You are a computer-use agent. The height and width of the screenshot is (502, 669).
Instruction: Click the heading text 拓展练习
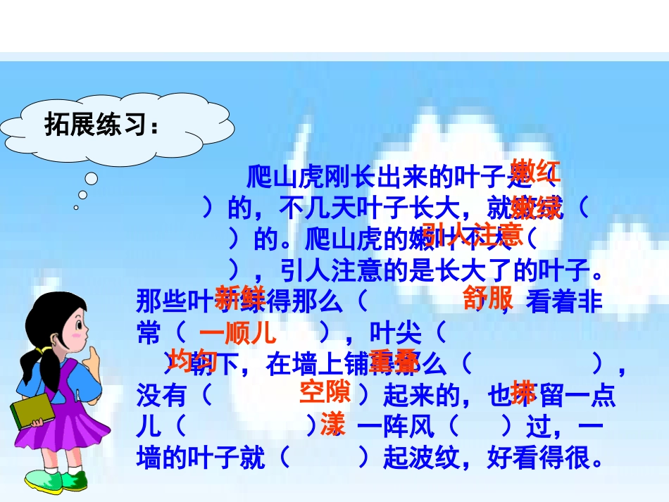(x=101, y=125)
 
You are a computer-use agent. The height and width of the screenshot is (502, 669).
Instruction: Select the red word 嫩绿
(x=537, y=208)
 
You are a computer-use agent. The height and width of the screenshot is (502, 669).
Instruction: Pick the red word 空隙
(x=325, y=391)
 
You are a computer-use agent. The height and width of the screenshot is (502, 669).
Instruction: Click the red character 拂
(x=523, y=391)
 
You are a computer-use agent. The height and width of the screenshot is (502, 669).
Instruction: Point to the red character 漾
(x=332, y=425)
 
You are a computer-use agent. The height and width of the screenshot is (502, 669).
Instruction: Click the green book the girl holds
(x=32, y=415)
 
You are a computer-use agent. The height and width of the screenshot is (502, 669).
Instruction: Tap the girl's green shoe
(x=73, y=482)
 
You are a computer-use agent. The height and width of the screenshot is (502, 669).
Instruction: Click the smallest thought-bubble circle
(x=76, y=207)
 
